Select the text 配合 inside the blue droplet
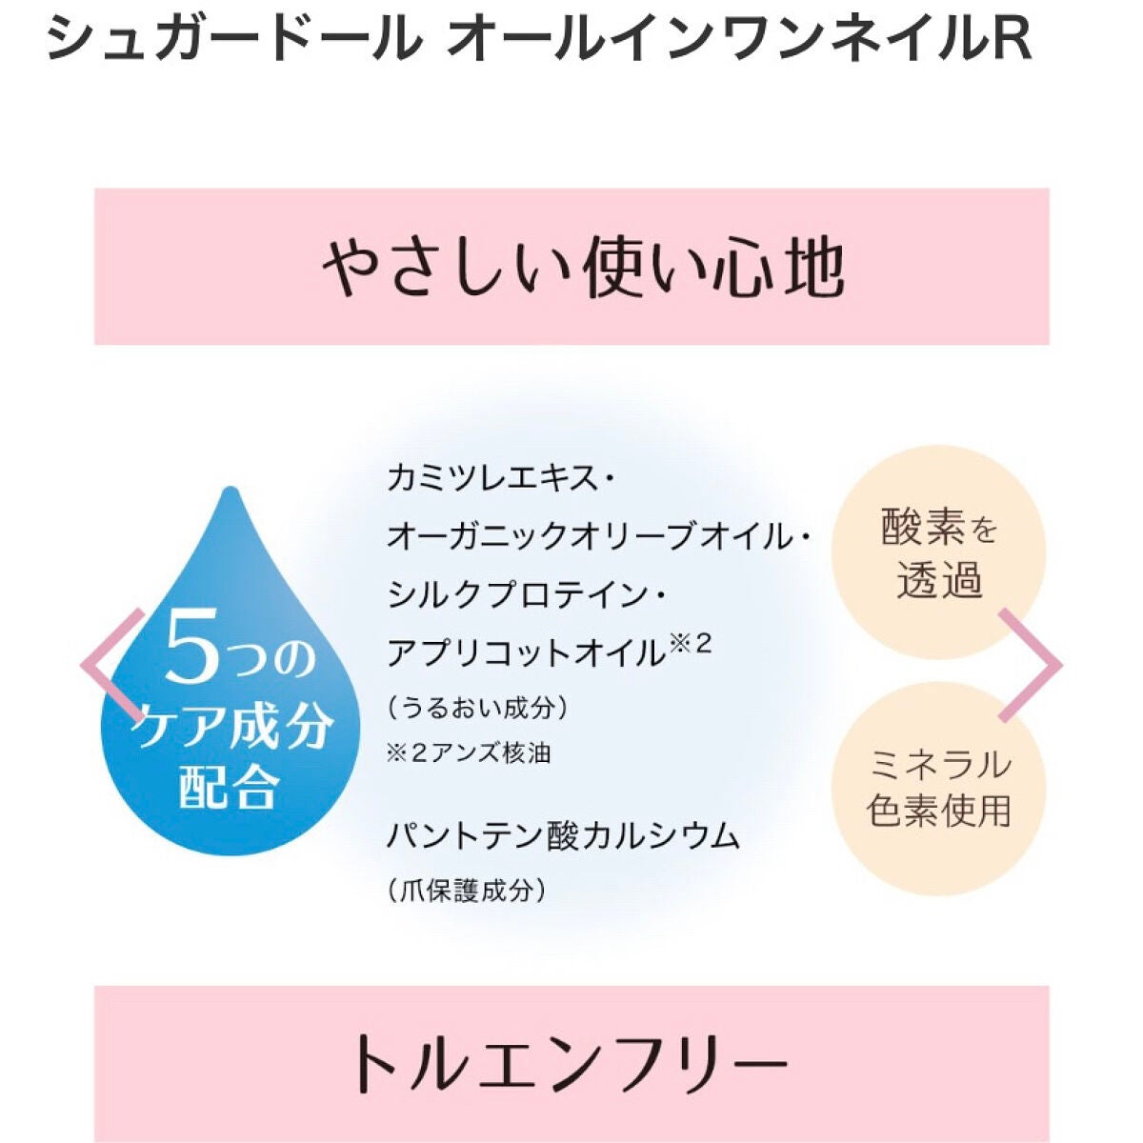(229, 787)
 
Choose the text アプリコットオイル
(525, 654)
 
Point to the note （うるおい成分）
(478, 709)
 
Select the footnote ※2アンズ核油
(469, 753)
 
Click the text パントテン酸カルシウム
(563, 836)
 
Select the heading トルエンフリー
(569, 1063)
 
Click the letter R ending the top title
(1013, 41)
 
